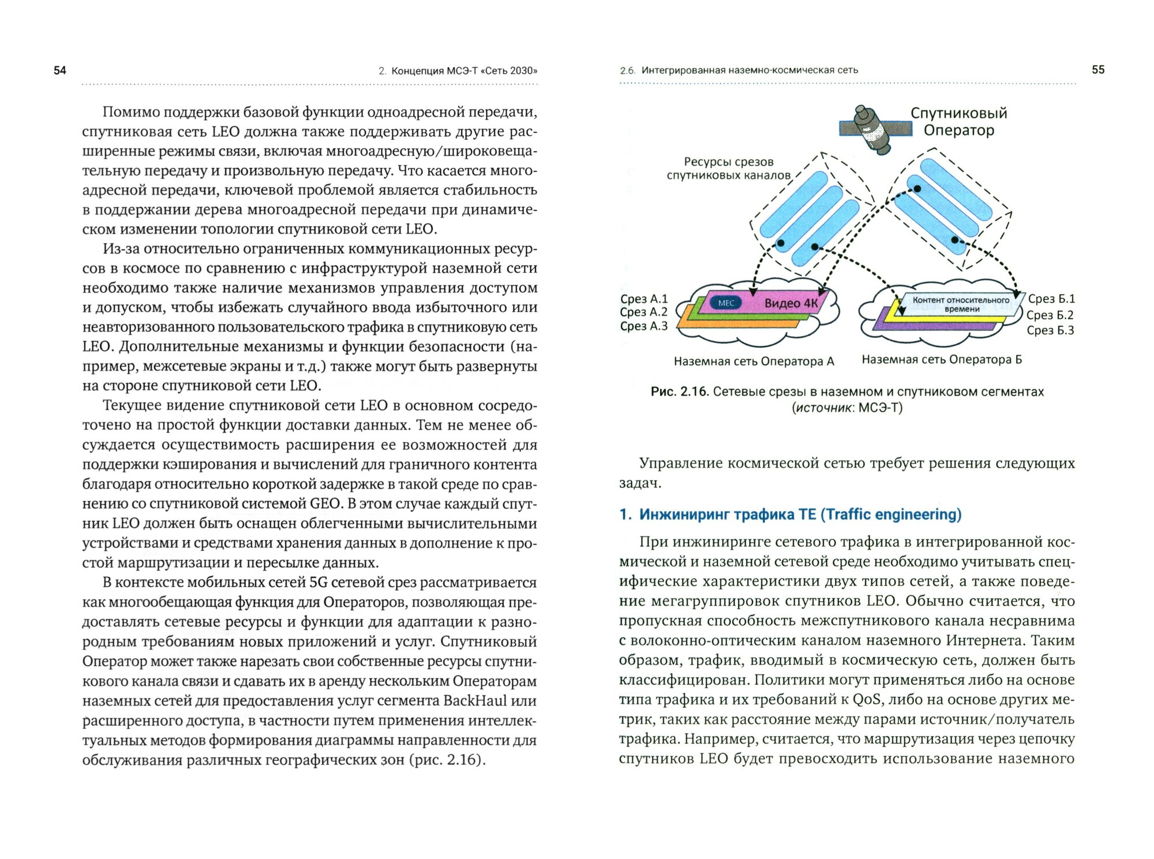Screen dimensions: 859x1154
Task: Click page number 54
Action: [x=60, y=70]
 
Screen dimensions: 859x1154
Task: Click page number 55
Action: [x=1098, y=70]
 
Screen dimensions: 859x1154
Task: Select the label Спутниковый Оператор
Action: [x=958, y=121]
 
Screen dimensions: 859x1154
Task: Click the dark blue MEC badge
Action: [x=726, y=303]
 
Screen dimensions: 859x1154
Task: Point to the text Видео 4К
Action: [x=790, y=303]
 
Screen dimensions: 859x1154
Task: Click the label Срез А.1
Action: [x=643, y=299]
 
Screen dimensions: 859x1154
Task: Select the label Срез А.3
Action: [x=643, y=326]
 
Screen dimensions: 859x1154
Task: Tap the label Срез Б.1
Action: [x=1051, y=299]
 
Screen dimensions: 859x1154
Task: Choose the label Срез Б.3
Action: [x=1050, y=331]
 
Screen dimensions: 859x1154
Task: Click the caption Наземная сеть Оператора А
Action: [x=754, y=362]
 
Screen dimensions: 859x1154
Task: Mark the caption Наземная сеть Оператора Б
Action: [x=942, y=360]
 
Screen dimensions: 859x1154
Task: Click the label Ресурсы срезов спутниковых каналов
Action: [x=728, y=168]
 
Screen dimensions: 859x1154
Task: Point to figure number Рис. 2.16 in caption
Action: [x=679, y=392]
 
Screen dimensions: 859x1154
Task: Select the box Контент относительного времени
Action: [x=961, y=304]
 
